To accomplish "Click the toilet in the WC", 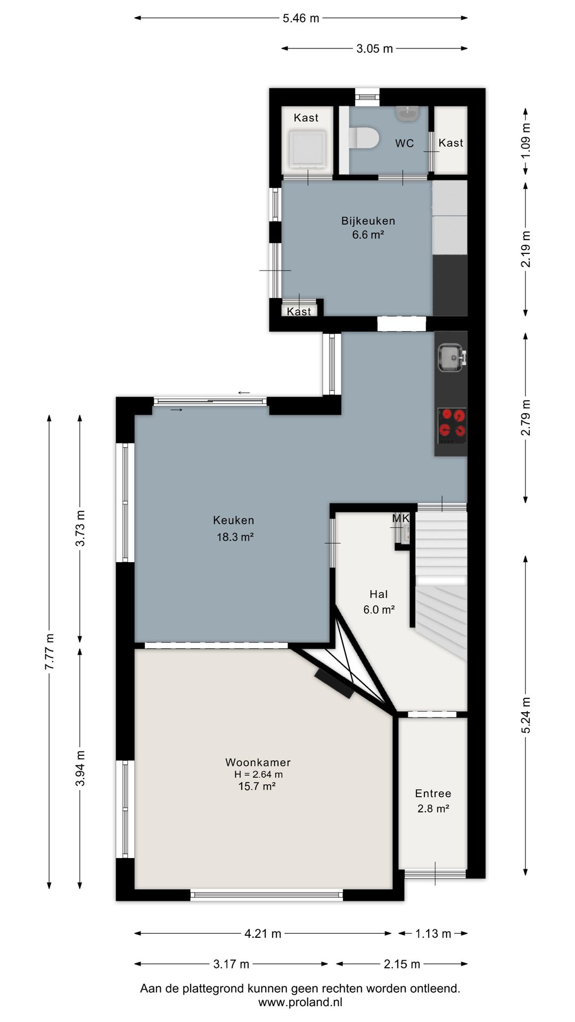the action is [x=364, y=138].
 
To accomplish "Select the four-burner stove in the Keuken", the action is [x=452, y=426].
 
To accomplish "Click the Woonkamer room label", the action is [x=258, y=762].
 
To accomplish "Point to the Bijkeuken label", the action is [x=368, y=221].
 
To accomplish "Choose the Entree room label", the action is [x=433, y=794].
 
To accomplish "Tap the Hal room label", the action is [x=379, y=595].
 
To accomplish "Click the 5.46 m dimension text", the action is [x=301, y=18].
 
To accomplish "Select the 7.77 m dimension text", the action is [x=50, y=652].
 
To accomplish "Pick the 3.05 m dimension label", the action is [x=375, y=48].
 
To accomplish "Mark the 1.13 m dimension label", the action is [x=433, y=934].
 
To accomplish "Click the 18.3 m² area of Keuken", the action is [x=235, y=537].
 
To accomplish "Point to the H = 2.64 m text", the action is [x=258, y=774].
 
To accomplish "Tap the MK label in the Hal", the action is [x=401, y=518].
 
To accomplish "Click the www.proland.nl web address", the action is [x=300, y=1002].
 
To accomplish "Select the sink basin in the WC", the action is [x=408, y=113].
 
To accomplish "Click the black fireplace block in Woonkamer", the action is [x=334, y=683].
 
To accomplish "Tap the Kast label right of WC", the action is [x=451, y=143].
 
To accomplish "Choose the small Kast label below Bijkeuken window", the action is [x=299, y=311].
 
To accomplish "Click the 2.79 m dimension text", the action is [x=525, y=418].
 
